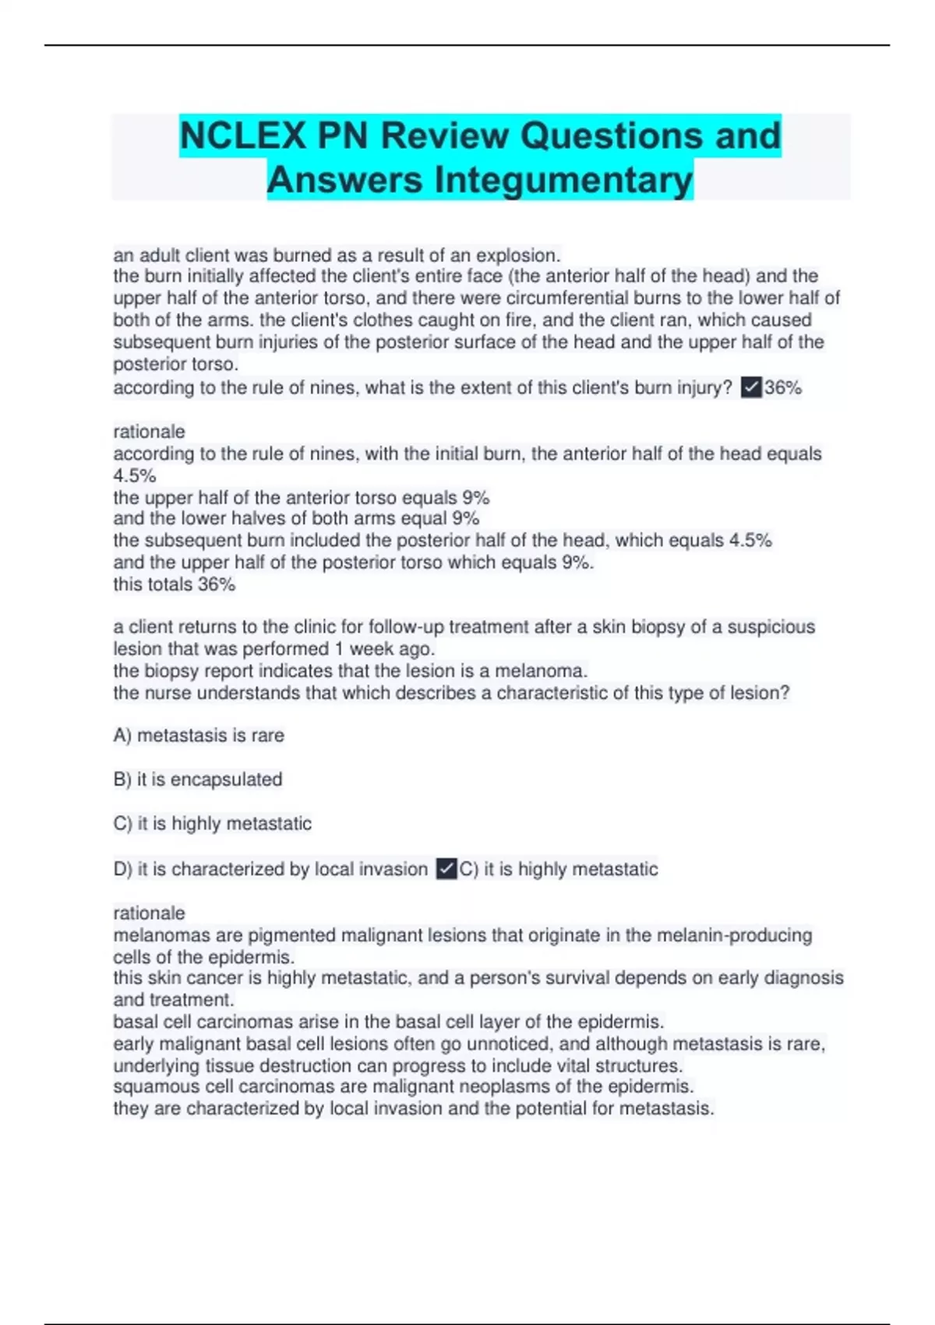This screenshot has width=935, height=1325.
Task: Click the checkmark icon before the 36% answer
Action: (x=751, y=387)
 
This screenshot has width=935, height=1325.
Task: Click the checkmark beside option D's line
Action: (x=446, y=869)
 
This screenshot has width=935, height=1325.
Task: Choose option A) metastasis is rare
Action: (x=199, y=735)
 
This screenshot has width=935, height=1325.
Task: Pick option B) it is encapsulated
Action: (x=198, y=779)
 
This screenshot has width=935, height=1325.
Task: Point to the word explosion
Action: (x=517, y=256)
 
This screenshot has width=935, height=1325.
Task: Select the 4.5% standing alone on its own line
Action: (x=135, y=475)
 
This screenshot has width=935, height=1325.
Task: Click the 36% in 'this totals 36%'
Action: (x=216, y=585)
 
